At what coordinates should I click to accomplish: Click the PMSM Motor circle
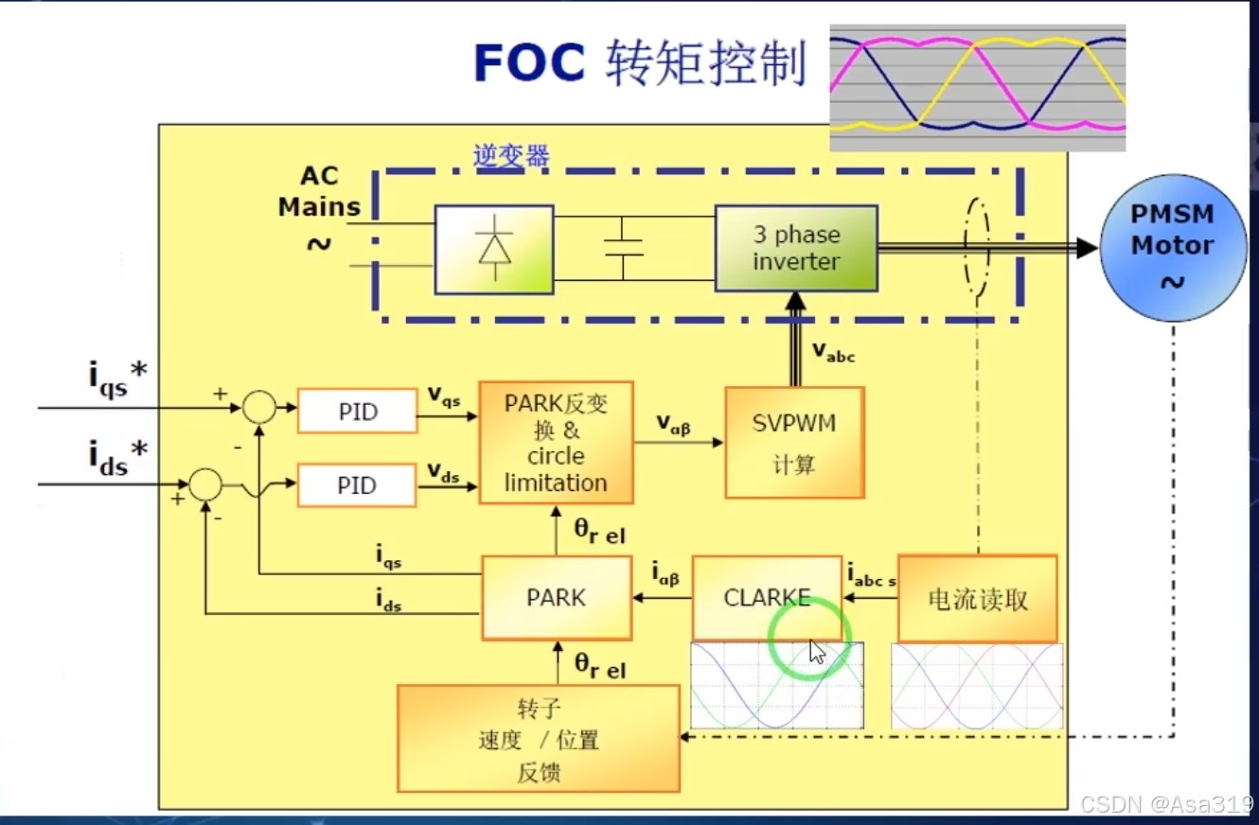[x=1173, y=247]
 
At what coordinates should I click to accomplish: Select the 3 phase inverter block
[x=795, y=248]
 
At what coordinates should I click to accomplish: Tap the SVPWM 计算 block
[x=794, y=442]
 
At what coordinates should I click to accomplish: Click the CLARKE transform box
[x=767, y=598]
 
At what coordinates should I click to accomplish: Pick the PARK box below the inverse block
[x=557, y=598]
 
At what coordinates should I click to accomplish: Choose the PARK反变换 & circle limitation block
[x=556, y=443]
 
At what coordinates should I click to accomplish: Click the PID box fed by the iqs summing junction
[x=357, y=412]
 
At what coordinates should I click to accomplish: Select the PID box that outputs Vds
[x=357, y=485]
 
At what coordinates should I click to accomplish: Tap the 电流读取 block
[x=977, y=599]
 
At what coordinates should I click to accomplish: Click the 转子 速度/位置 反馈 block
[x=539, y=739]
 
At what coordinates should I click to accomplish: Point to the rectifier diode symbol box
[x=494, y=249]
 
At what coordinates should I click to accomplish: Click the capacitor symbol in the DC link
[x=623, y=248]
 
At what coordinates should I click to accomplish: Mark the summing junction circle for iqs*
[x=257, y=408]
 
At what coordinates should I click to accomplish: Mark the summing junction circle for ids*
[x=204, y=484]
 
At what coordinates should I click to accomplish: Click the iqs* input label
[x=117, y=378]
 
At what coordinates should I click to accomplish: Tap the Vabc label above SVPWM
[x=833, y=351]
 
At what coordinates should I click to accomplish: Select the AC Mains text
[x=319, y=192]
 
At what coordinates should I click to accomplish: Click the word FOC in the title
[x=529, y=64]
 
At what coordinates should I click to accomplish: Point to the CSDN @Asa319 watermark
[x=1166, y=804]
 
